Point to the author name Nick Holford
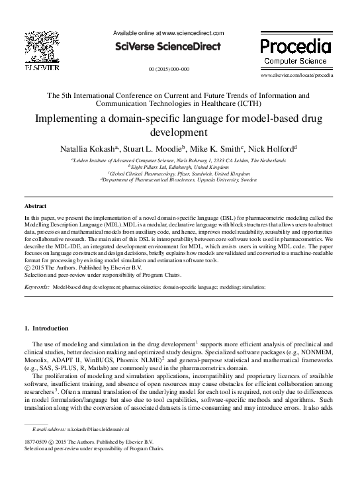[274, 149]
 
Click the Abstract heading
[35, 207]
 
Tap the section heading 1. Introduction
[46, 328]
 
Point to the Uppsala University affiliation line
[179, 179]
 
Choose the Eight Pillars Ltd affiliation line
[179, 167]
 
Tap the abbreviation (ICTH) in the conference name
[246, 104]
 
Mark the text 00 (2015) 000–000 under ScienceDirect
[169, 69]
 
